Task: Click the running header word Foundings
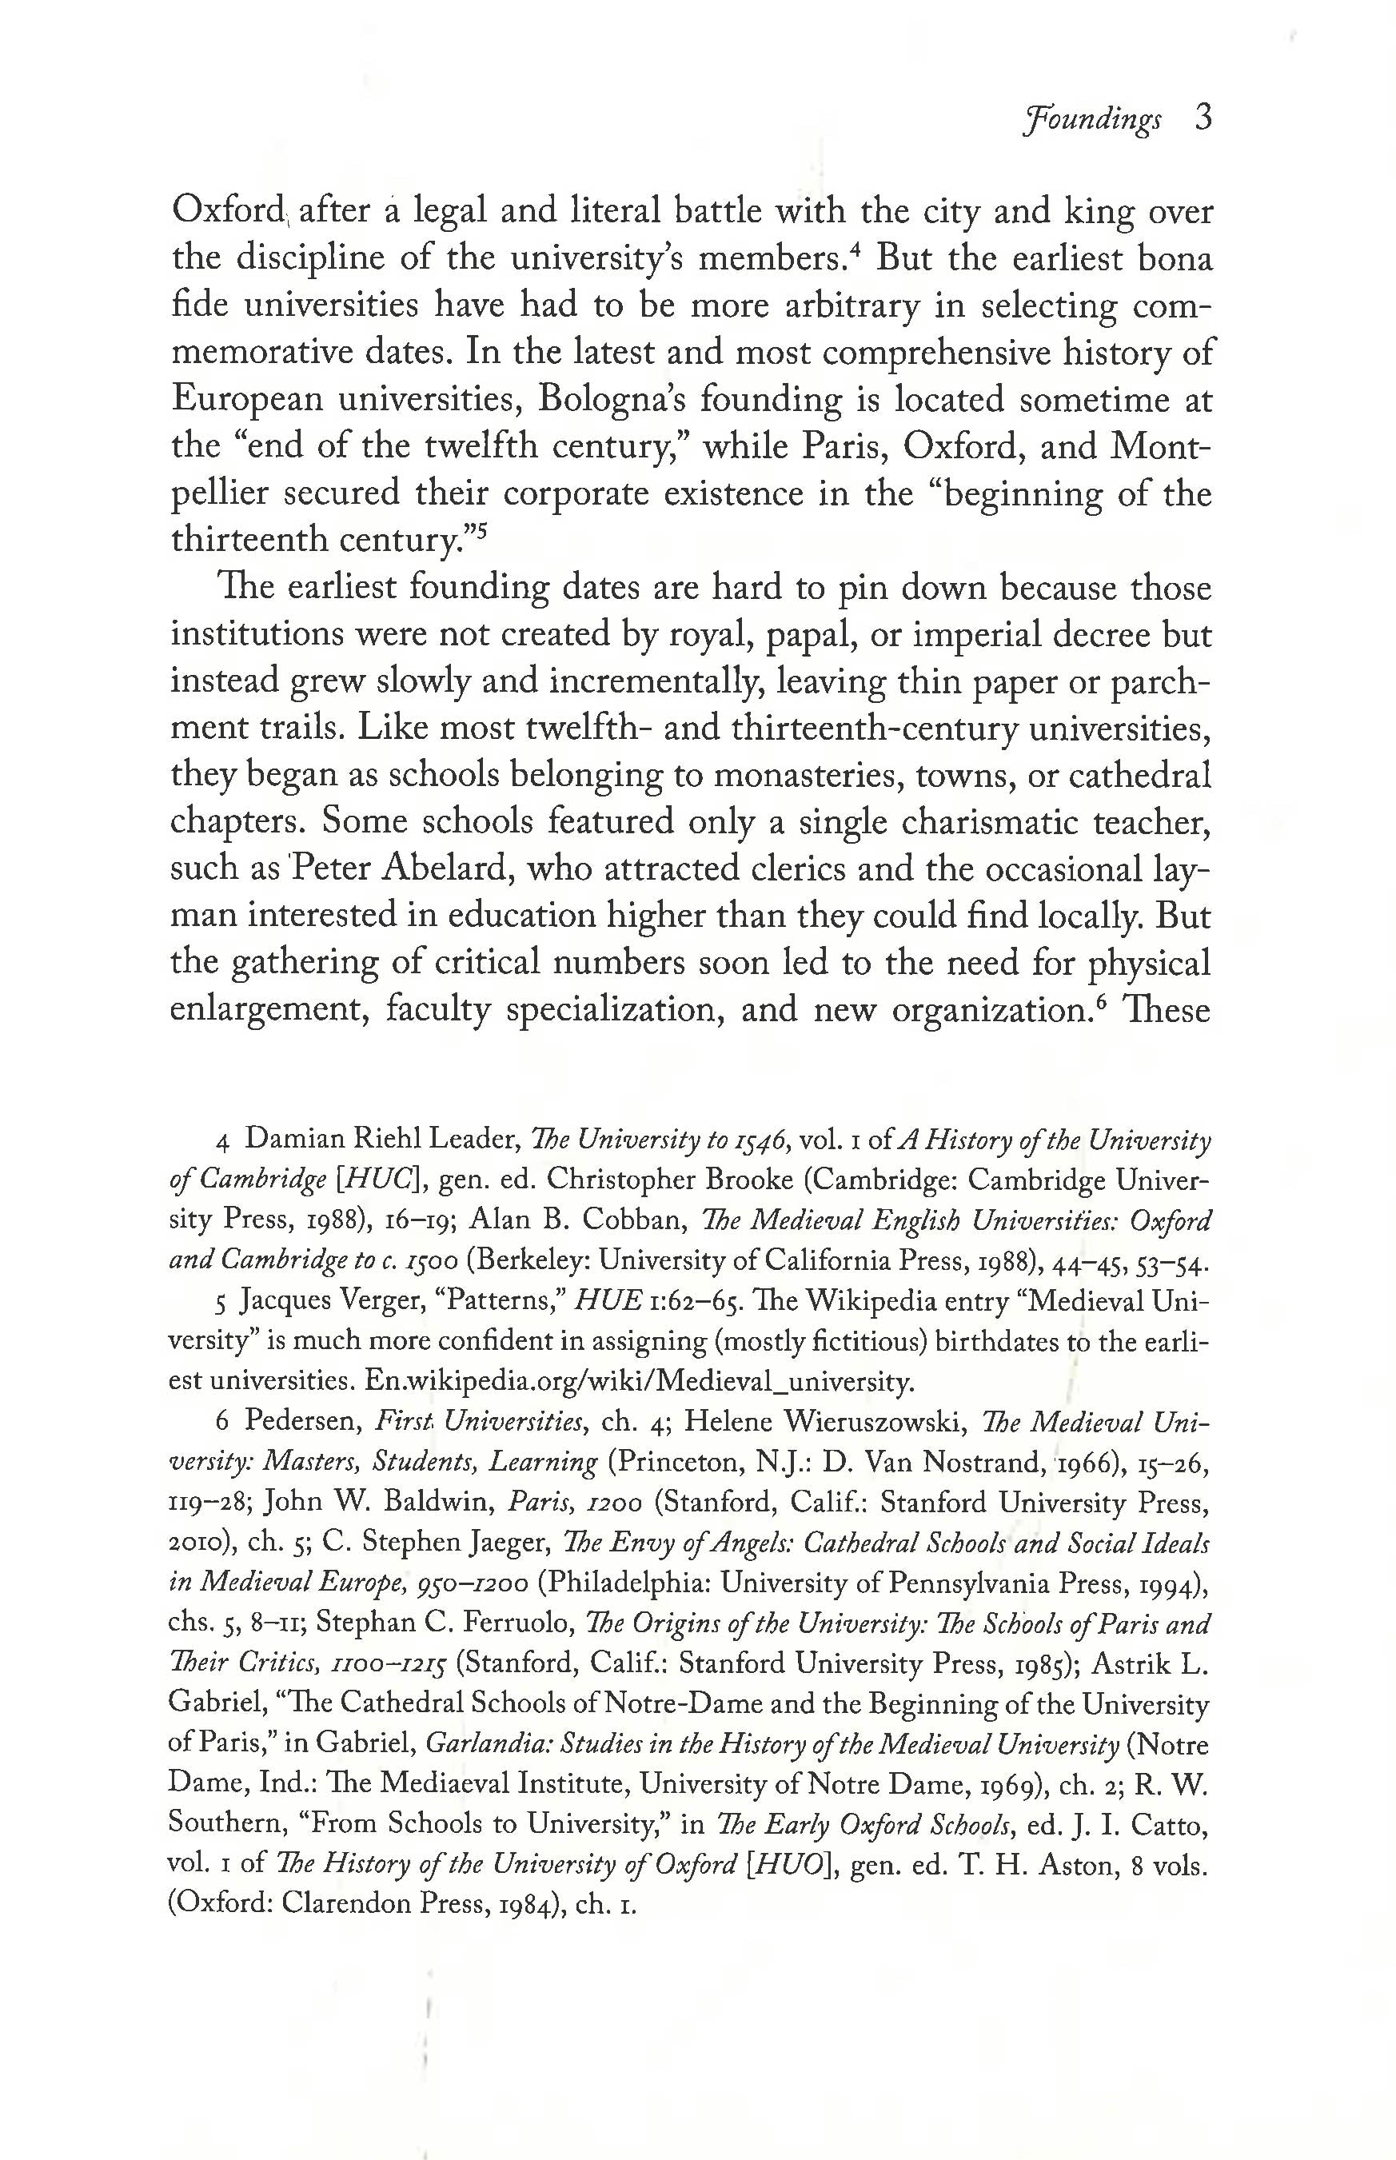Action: click(1091, 121)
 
